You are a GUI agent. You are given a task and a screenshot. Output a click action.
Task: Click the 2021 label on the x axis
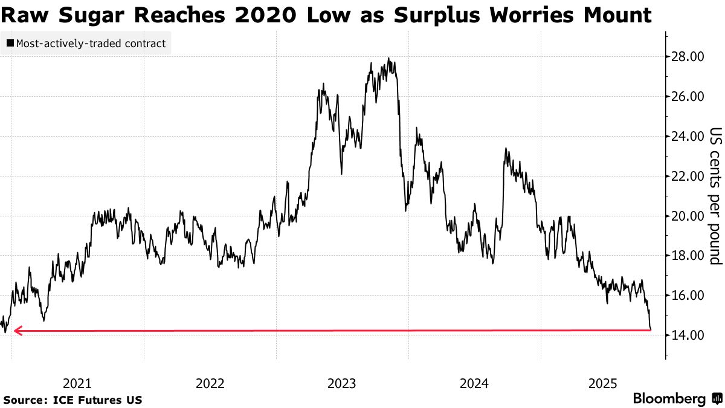tap(77, 383)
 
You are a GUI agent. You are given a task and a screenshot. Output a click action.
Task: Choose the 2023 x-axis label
tap(342, 383)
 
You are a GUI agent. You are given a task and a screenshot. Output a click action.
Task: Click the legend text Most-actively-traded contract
tap(91, 44)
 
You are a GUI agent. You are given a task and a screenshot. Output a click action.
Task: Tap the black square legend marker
tap(10, 44)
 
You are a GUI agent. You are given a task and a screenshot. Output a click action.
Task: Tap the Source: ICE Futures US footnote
tap(73, 400)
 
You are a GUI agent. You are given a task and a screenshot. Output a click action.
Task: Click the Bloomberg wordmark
tap(669, 399)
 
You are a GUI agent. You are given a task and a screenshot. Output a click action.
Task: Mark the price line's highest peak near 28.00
tap(389, 59)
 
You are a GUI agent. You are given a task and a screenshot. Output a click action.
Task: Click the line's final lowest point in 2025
tap(650, 329)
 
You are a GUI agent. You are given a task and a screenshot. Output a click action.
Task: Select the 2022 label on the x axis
tap(210, 383)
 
